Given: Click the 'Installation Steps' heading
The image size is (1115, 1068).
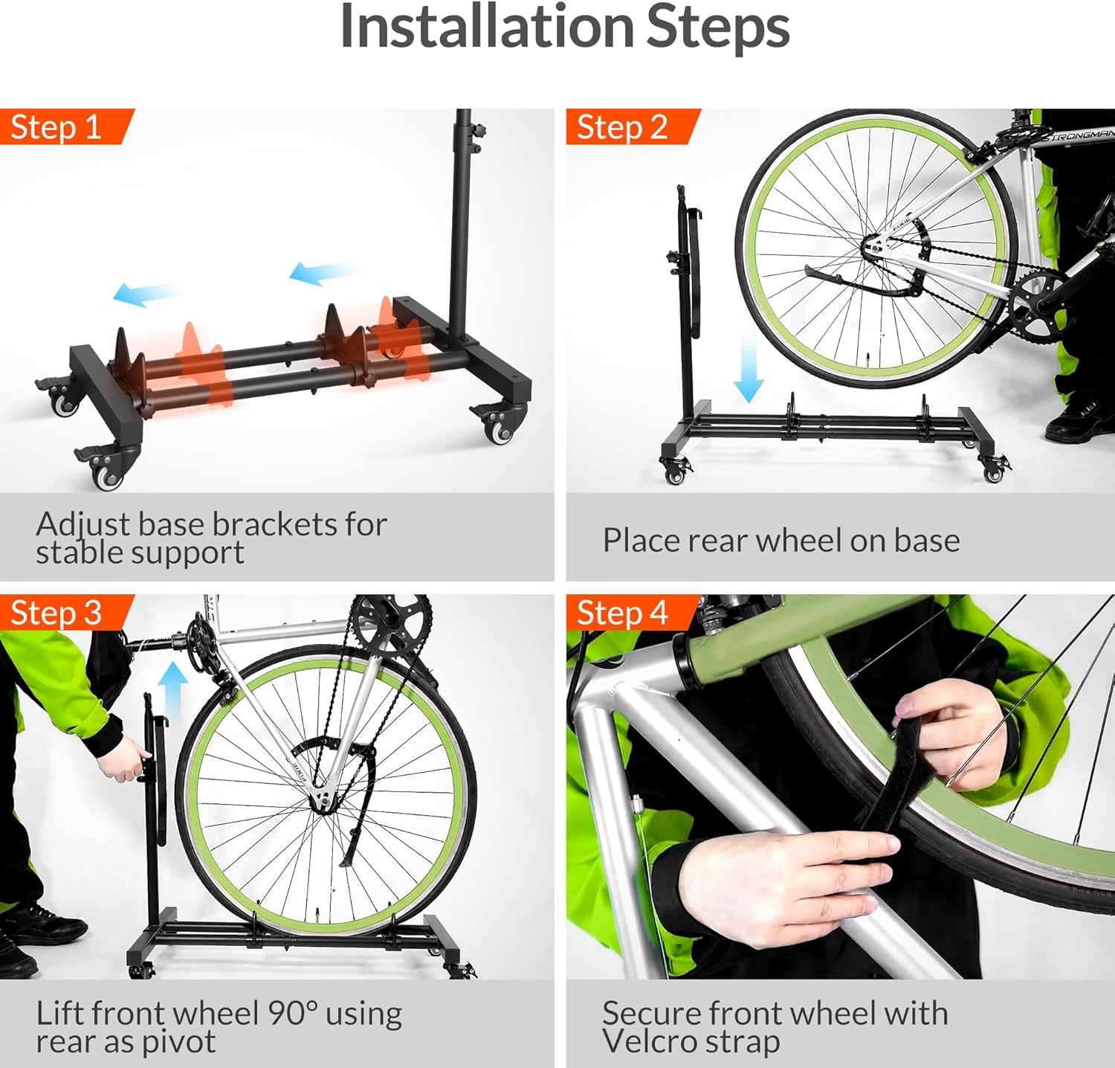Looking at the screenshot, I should click(x=564, y=28).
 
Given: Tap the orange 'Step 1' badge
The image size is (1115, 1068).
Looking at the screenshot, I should click(x=56, y=127).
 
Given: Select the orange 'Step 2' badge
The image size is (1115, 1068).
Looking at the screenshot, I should click(x=623, y=127).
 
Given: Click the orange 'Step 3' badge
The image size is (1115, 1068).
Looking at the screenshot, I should click(x=56, y=613).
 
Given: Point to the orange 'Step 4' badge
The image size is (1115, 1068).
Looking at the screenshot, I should click(x=623, y=613).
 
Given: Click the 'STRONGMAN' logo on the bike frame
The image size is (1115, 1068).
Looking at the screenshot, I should click(x=1078, y=136).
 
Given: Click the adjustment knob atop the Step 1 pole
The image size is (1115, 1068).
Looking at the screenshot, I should click(x=482, y=132).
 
